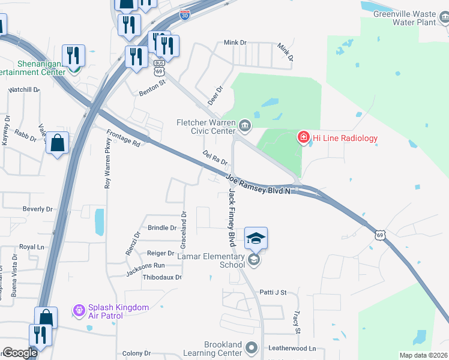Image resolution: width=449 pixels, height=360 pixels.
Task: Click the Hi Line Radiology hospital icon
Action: (304, 138)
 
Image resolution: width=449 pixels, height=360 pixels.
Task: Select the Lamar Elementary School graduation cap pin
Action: (256, 239)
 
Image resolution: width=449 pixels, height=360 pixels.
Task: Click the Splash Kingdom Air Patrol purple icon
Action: (79, 311)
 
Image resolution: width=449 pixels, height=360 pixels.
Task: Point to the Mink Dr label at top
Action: (235, 43)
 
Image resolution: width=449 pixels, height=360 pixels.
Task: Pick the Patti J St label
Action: (273, 292)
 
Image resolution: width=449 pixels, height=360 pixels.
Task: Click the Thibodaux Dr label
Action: (162, 277)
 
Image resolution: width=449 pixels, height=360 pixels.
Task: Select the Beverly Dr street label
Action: (38, 209)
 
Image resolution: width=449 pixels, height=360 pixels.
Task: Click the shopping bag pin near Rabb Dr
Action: (57, 143)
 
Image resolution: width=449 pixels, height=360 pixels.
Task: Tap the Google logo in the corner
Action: (20, 353)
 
